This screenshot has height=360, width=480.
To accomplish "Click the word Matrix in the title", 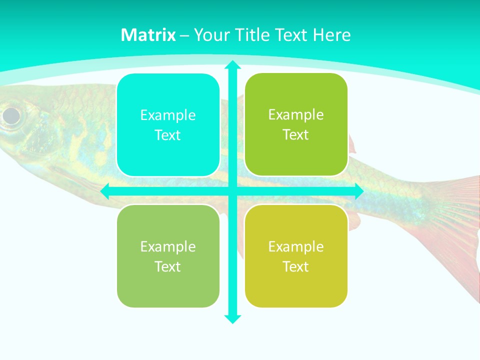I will [148, 35].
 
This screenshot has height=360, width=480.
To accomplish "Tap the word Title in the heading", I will [253, 35].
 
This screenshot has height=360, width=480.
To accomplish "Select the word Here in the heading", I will [332, 35].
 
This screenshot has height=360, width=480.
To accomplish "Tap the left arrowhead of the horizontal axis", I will [104, 191].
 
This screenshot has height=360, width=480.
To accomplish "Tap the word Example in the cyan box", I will [168, 115].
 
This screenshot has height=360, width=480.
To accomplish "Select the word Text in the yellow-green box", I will [296, 266].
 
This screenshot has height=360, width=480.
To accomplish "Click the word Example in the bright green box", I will [296, 115].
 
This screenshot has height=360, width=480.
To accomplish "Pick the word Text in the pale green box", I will [168, 266].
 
